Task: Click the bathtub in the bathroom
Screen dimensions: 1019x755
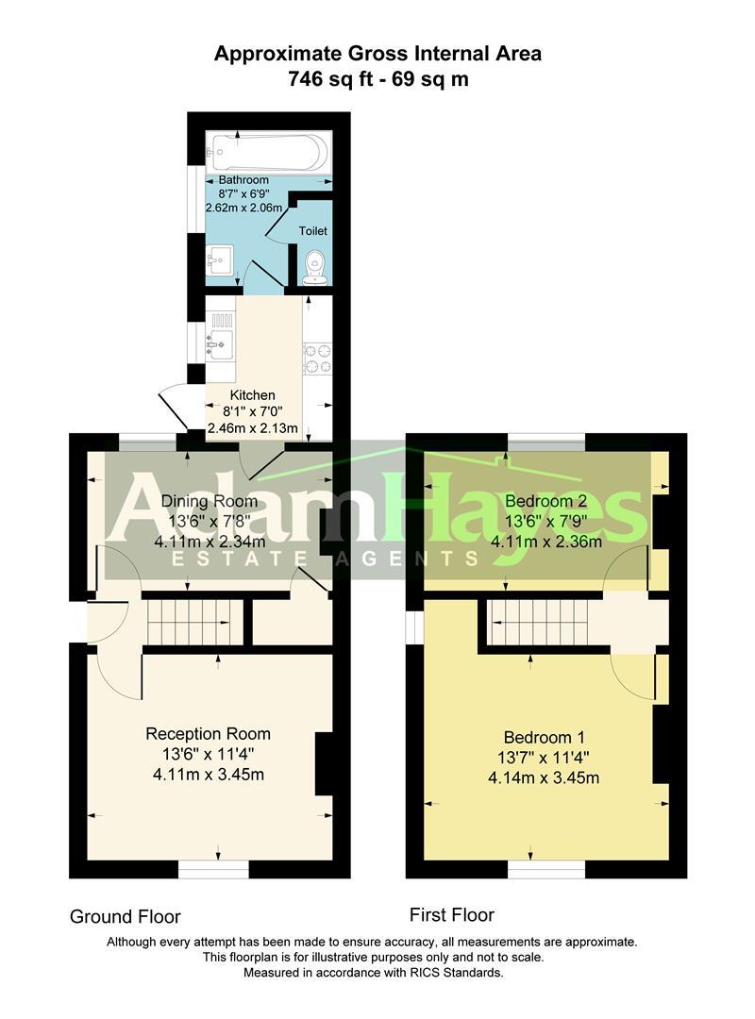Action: [x=269, y=150]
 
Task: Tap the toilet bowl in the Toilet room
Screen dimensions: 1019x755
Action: [x=313, y=265]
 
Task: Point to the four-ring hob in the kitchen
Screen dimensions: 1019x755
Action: [x=317, y=359]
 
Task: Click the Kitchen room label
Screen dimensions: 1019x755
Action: [x=253, y=395]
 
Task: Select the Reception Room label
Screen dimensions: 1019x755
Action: [x=208, y=733]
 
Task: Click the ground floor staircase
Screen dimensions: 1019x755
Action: [x=189, y=623]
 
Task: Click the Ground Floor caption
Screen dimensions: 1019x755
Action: [x=125, y=916]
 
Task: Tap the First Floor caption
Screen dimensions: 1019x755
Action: [x=452, y=914]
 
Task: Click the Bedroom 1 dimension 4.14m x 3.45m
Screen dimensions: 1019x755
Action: [x=544, y=778]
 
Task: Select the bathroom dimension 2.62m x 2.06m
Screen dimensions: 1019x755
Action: [x=244, y=208]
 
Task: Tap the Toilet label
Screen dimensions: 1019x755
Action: [x=313, y=230]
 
